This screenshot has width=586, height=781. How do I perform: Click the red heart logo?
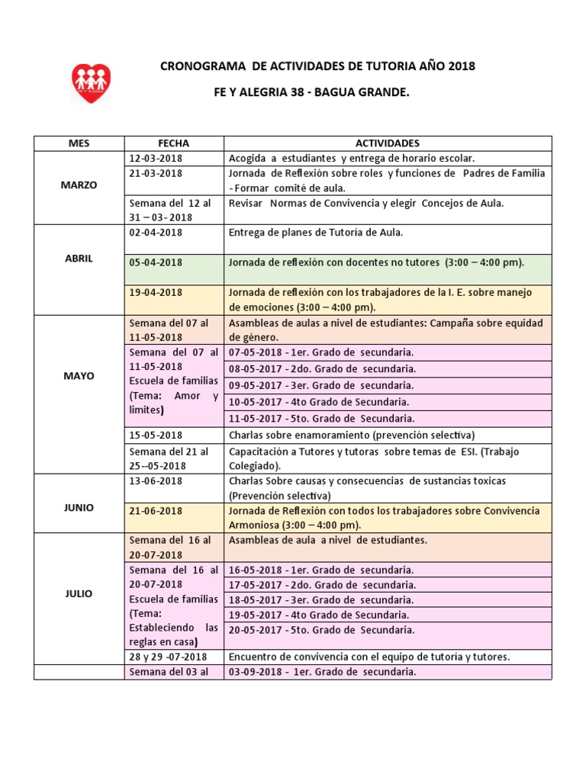pyautogui.click(x=92, y=83)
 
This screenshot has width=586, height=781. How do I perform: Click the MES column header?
pyautogui.click(x=79, y=143)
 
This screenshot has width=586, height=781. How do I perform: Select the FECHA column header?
pyautogui.click(x=173, y=143)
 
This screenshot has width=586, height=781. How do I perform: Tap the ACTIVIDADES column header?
pyautogui.click(x=387, y=143)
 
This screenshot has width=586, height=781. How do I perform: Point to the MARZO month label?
pyautogui.click(x=79, y=185)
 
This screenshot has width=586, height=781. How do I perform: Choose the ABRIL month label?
pyautogui.click(x=79, y=259)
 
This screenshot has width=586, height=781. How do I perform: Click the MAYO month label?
pyautogui.click(x=79, y=376)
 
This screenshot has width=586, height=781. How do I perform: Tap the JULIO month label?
pyautogui.click(x=79, y=593)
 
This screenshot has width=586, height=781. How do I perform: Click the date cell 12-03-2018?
pyautogui.click(x=156, y=159)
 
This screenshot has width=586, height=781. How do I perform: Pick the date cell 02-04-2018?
pyautogui.click(x=156, y=233)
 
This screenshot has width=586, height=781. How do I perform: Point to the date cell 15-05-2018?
pyautogui.click(x=156, y=435)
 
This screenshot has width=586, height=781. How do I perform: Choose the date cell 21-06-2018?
pyautogui.click(x=156, y=511)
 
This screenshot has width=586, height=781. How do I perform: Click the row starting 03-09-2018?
pyautogui.click(x=323, y=673)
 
